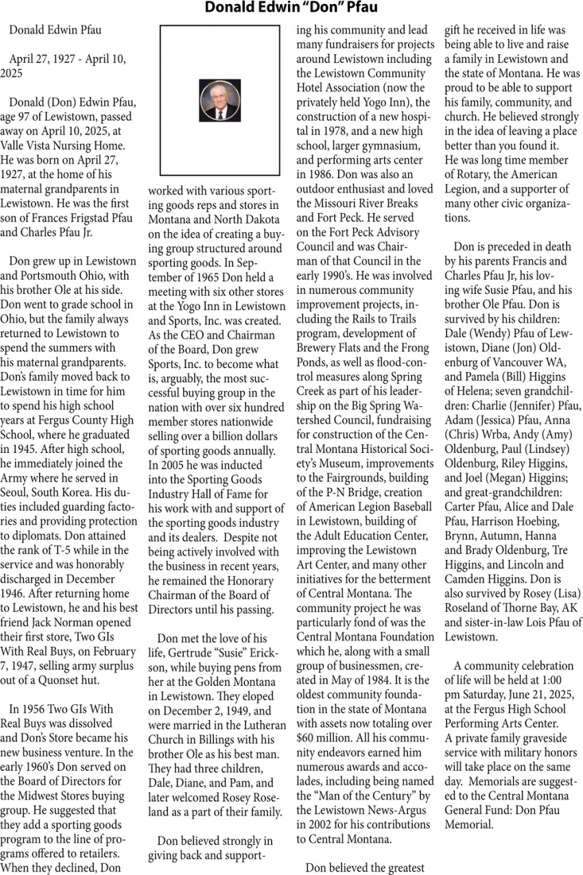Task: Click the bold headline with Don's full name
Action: coord(291,8)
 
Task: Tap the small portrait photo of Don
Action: coord(219,100)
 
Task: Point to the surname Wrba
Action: coord(495,434)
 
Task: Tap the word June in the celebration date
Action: coord(519,694)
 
